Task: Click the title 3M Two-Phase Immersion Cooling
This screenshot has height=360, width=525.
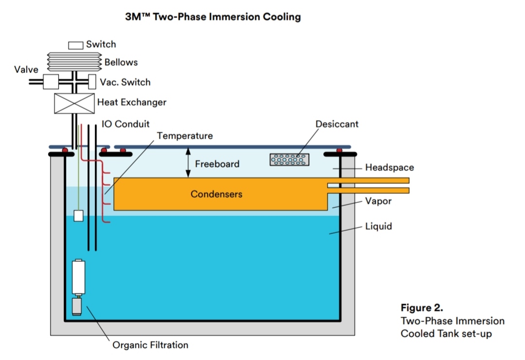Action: click(213, 17)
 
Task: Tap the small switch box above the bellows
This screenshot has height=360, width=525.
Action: click(75, 45)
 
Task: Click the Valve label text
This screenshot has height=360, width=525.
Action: click(26, 70)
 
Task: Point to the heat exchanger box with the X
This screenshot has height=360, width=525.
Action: click(74, 103)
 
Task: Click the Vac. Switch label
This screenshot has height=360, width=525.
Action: click(125, 82)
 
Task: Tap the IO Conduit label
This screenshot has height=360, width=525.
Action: click(125, 124)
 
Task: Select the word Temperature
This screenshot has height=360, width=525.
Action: click(185, 136)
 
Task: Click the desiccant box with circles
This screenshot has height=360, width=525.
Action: click(290, 160)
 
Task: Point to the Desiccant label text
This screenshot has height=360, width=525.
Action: click(337, 124)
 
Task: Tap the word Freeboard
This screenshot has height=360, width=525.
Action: click(217, 164)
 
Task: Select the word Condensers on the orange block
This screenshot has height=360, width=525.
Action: click(216, 194)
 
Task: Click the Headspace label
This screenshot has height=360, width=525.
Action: click(389, 168)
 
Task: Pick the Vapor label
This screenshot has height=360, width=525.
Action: click(378, 201)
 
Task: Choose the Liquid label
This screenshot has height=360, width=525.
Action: click(379, 226)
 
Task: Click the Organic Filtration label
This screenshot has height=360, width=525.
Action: click(150, 345)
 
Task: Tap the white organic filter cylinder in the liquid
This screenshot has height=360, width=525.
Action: click(78, 277)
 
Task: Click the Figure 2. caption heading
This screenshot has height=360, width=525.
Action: click(422, 308)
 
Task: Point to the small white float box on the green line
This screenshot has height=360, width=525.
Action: click(78, 216)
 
